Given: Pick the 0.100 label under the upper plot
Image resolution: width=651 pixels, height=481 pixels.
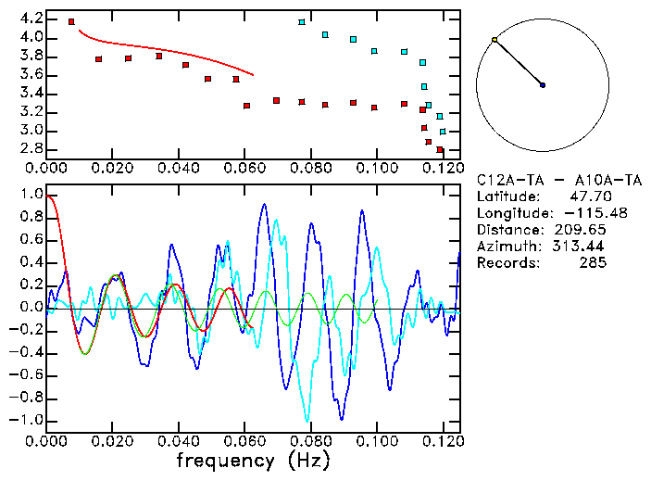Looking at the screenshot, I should [376, 169].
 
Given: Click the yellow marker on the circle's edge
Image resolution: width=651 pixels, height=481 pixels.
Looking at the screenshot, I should [495, 40].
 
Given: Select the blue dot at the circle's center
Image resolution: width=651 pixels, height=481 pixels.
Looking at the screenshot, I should [543, 85].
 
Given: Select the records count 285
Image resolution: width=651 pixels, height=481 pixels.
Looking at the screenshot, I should [593, 263].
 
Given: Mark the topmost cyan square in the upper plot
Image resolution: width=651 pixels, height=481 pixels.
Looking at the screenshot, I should [302, 21].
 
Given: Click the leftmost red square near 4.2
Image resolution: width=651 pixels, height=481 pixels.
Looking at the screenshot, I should [72, 21].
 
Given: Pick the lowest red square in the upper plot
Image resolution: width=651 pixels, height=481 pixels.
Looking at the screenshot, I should [441, 149].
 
